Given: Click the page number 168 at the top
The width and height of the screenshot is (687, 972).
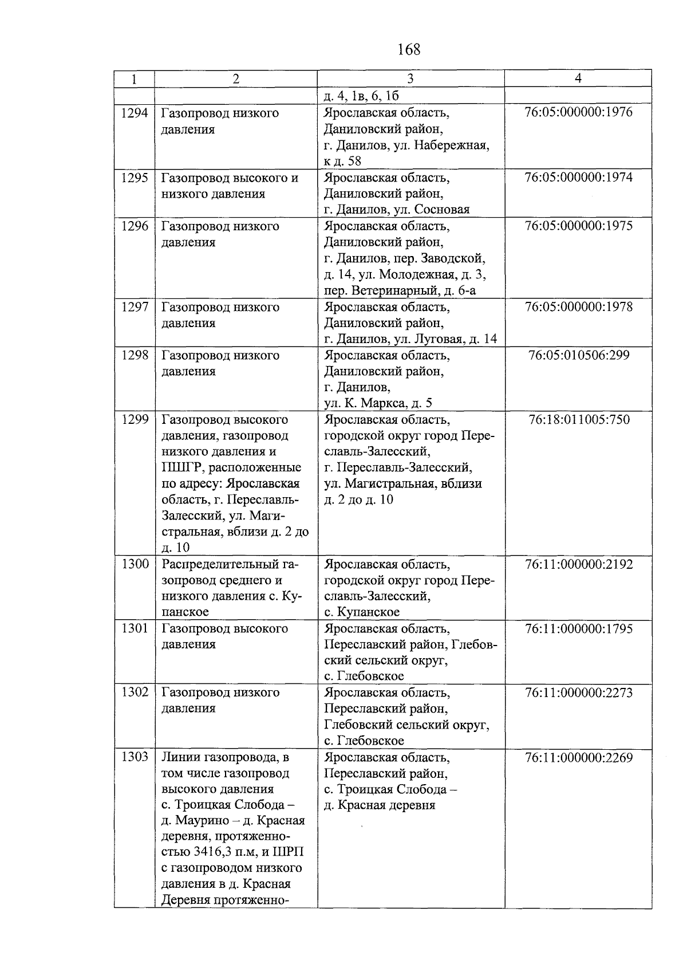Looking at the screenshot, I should coord(409,50).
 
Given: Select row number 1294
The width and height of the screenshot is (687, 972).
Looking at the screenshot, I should coord(135,113).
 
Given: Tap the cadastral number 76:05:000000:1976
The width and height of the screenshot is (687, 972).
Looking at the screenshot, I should coord(578,112).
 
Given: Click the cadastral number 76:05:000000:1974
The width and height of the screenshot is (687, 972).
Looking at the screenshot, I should coord(578,177).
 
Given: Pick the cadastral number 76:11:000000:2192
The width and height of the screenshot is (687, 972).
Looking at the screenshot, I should coord(578,564).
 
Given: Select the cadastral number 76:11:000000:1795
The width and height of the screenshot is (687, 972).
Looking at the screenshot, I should coord(578,629).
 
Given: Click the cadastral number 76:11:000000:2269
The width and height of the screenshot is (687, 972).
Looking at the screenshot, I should coord(578,758).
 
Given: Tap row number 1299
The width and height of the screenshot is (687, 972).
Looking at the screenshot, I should coord(135,420).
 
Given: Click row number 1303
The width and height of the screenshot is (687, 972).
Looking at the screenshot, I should coord(135,757).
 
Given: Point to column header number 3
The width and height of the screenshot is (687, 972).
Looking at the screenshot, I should coord(410,78).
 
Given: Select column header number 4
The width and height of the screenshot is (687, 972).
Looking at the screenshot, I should coord(578,78).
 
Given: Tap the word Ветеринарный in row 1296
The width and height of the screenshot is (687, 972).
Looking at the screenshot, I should coord(394,290).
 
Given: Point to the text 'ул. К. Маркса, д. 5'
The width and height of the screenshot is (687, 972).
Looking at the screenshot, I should coord(378,403).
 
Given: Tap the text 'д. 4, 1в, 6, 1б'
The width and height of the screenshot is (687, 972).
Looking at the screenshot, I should coord(361,95).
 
